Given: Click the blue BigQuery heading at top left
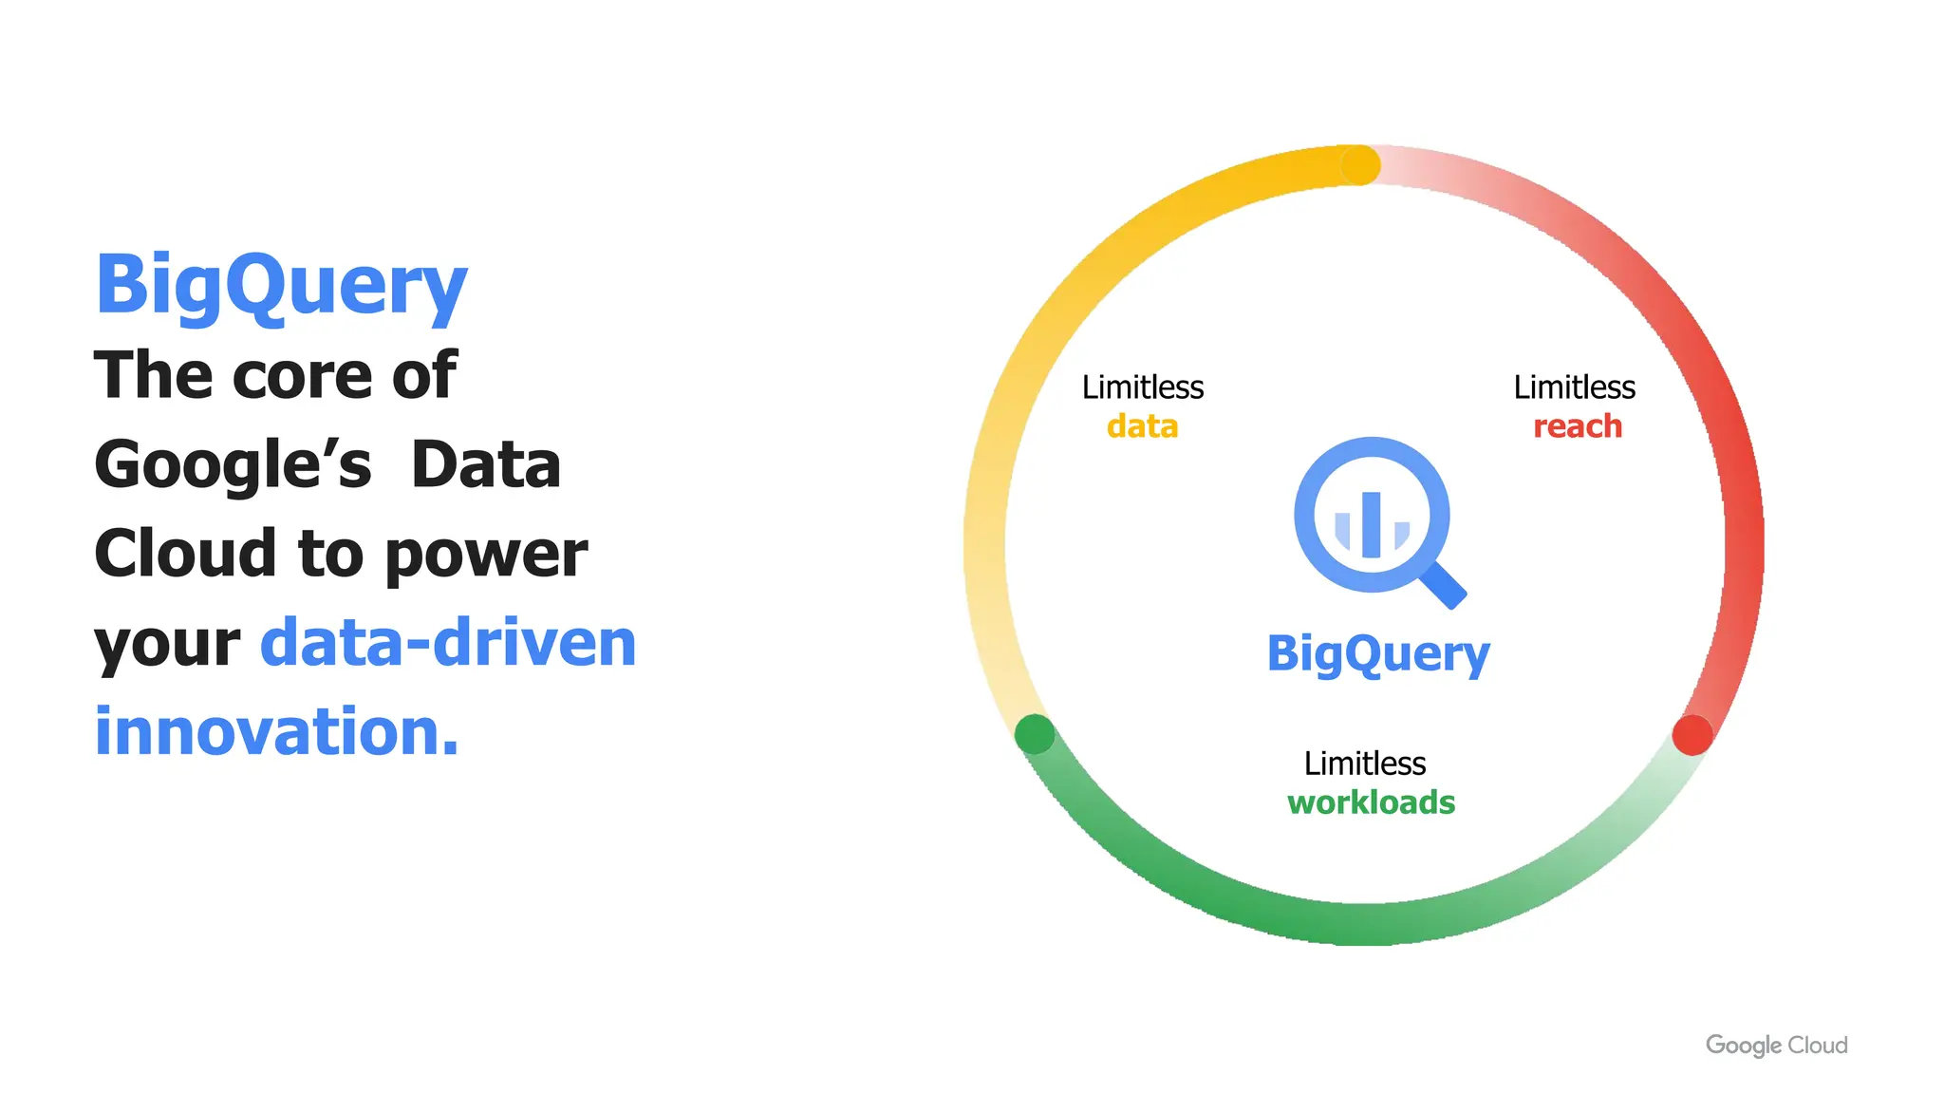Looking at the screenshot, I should click(x=281, y=285).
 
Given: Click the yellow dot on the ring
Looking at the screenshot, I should click(x=1360, y=165).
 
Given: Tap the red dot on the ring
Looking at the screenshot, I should click(x=1692, y=735).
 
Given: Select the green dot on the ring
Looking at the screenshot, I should click(x=1034, y=734).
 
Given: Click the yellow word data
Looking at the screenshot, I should click(x=1142, y=426).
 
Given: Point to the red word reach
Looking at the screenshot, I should click(x=1577, y=426).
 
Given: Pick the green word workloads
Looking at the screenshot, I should click(x=1371, y=802).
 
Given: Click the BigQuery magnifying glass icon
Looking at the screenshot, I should click(x=1373, y=517).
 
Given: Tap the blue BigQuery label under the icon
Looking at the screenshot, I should click(x=1378, y=654).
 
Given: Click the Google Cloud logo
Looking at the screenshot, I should click(x=1776, y=1046).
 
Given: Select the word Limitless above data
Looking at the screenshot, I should click(x=1142, y=387).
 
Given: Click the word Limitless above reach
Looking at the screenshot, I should click(x=1574, y=387).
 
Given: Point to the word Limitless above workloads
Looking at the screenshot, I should click(x=1364, y=764).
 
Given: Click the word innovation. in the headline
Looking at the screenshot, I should click(x=276, y=731).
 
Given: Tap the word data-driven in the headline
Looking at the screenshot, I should click(x=448, y=643).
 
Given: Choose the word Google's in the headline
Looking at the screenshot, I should click(x=233, y=465).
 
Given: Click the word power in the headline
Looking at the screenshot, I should click(x=486, y=556).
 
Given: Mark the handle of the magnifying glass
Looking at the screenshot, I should click(x=1444, y=584).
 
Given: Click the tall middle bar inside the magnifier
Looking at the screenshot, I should click(x=1371, y=525).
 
